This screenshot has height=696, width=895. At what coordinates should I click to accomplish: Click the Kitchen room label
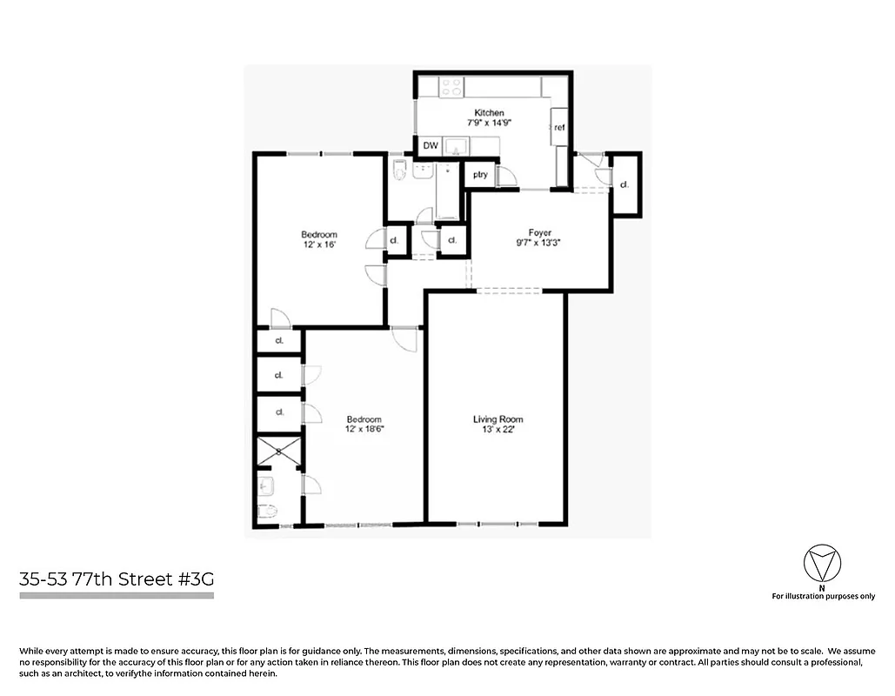pyautogui.click(x=489, y=113)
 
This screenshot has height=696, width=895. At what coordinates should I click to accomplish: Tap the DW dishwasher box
pyautogui.click(x=431, y=146)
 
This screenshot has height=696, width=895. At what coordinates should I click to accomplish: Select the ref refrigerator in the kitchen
pyautogui.click(x=559, y=128)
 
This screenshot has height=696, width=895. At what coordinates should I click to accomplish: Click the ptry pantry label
pyautogui.click(x=479, y=175)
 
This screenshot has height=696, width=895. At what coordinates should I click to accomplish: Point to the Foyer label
pyautogui.click(x=539, y=232)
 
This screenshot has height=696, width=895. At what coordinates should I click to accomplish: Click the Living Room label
pyautogui.click(x=498, y=419)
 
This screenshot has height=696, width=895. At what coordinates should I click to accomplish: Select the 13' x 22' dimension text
pyautogui.click(x=498, y=430)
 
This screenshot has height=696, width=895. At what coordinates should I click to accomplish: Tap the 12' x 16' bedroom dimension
pyautogui.click(x=318, y=245)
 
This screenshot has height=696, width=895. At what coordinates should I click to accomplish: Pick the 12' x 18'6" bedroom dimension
pyautogui.click(x=364, y=429)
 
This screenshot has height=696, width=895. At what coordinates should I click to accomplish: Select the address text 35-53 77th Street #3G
pyautogui.click(x=116, y=579)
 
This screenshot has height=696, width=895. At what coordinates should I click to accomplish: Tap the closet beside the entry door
pyautogui.click(x=624, y=184)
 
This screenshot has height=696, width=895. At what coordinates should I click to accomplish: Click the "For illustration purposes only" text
pyautogui.click(x=823, y=596)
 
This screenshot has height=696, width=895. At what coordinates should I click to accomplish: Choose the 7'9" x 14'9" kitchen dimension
pyautogui.click(x=489, y=124)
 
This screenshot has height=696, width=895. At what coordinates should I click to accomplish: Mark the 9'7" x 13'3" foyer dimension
pyautogui.click(x=539, y=243)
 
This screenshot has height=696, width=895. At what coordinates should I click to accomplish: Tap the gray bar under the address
pyautogui.click(x=116, y=596)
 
